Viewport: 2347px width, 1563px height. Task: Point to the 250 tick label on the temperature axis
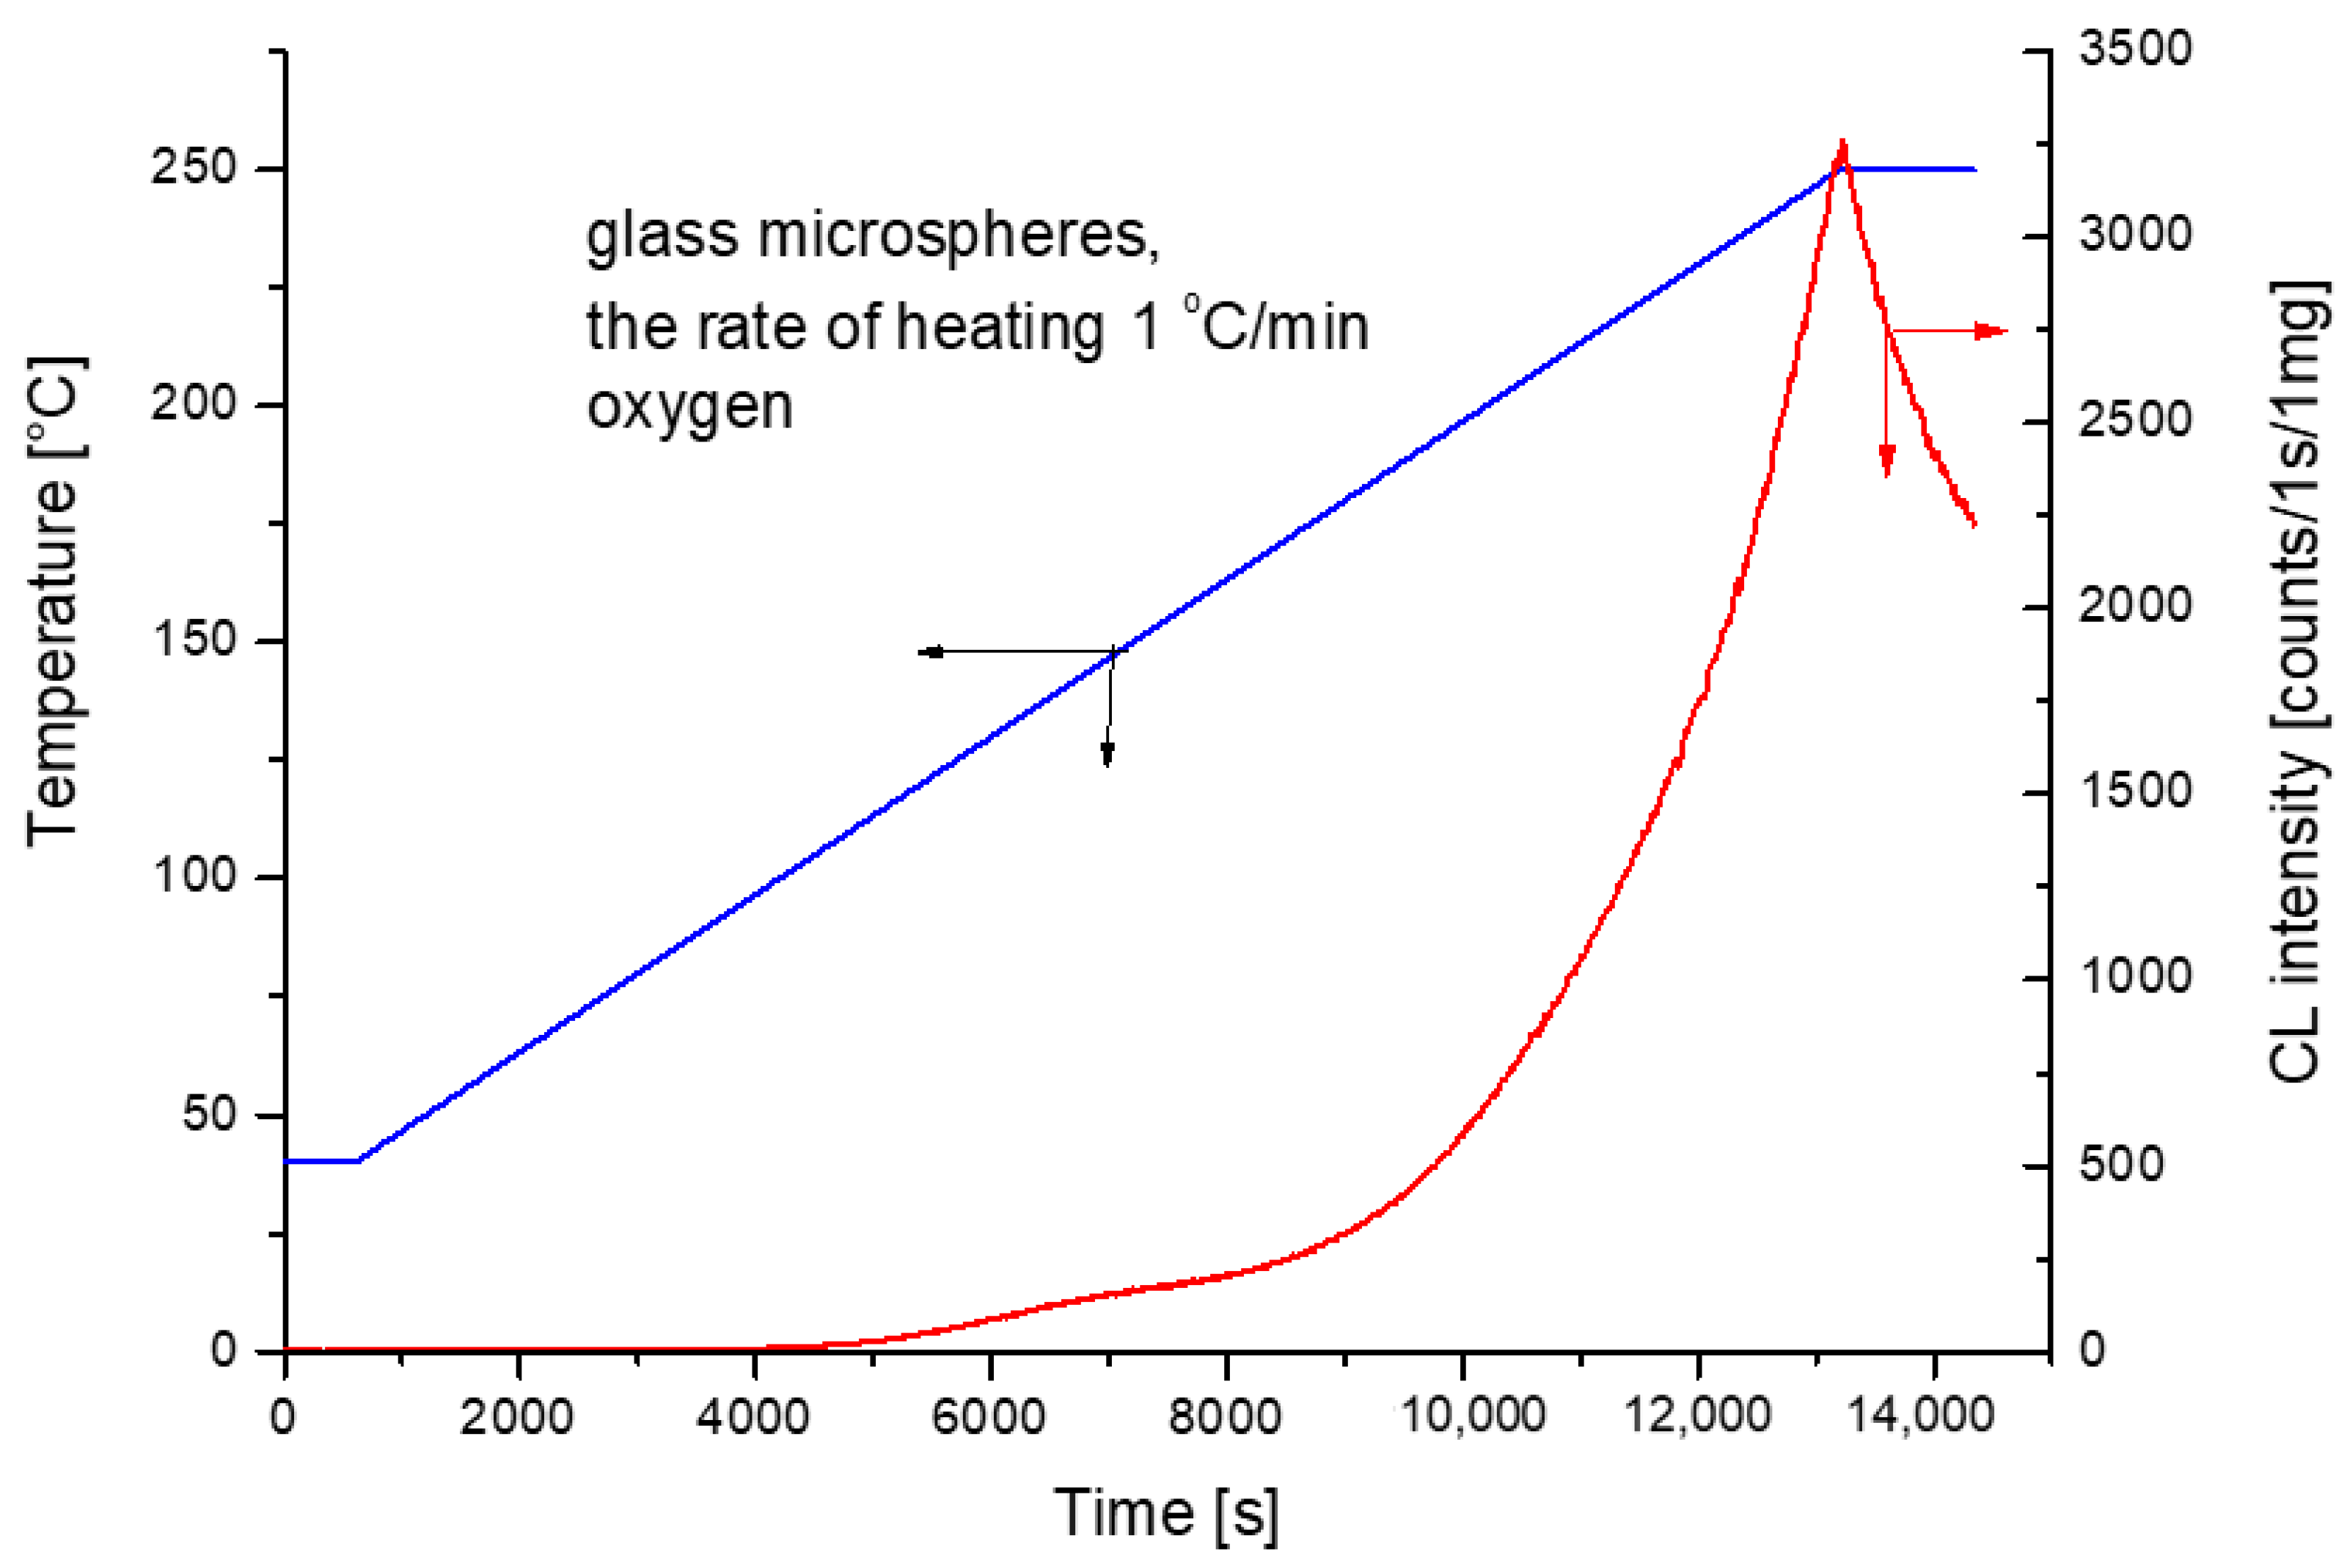[x=194, y=167]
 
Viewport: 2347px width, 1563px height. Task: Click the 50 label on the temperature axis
[x=209, y=1113]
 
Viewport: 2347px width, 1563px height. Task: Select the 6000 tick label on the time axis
[x=988, y=1416]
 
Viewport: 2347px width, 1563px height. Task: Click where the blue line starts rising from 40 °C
[x=359, y=1160]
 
